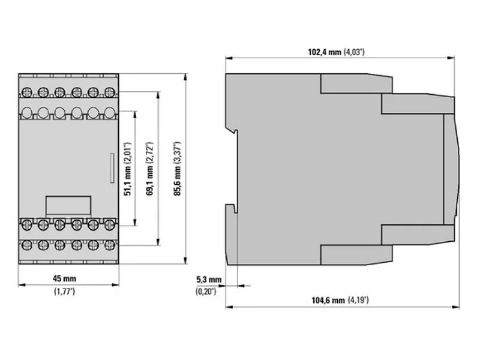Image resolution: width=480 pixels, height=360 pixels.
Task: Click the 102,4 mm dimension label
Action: (324, 52)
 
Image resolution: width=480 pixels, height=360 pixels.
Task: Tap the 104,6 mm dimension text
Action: (328, 301)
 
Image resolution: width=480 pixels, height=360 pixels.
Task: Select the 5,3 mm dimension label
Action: (209, 280)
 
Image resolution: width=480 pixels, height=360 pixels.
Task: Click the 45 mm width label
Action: (64, 278)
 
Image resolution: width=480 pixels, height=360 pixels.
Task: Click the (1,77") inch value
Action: (64, 292)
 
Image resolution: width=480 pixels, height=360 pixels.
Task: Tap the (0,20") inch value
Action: (206, 292)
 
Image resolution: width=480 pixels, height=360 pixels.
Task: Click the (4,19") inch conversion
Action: (358, 300)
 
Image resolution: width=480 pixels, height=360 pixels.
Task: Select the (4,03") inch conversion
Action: (354, 52)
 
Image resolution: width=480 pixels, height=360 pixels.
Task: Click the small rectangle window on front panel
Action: (68, 205)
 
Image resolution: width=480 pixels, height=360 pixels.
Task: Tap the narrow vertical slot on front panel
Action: (112, 168)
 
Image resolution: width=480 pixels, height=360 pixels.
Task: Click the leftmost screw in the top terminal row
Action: (26, 92)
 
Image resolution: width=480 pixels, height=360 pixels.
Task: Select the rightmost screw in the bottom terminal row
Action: (109, 245)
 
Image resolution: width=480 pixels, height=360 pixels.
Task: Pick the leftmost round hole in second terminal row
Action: (27, 112)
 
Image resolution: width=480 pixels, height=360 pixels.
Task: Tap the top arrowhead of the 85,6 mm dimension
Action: (185, 77)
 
